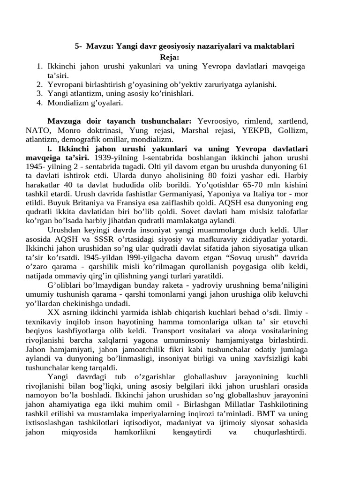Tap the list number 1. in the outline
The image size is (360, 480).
tap(40, 67)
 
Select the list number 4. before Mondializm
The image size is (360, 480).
tap(40, 102)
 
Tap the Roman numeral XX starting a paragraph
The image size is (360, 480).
tap(53, 312)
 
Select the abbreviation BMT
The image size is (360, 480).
tap(267, 414)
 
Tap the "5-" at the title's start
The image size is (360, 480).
tap(79, 46)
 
